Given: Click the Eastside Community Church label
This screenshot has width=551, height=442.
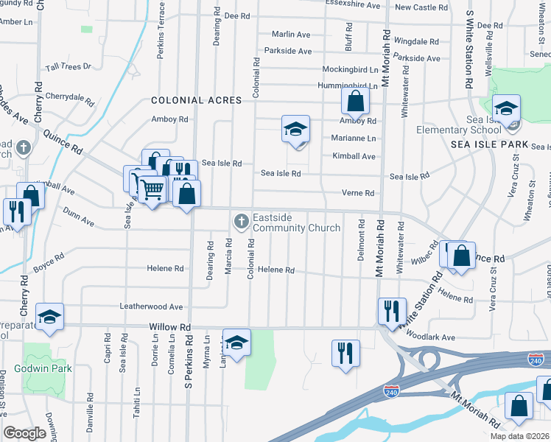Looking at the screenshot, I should click(x=296, y=222).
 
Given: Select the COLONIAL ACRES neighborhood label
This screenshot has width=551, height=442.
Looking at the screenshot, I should click(x=196, y=100).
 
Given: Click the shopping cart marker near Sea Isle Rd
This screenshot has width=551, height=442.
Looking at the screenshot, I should click(x=152, y=189).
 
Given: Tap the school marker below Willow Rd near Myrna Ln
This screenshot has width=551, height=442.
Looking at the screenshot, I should click(x=236, y=343).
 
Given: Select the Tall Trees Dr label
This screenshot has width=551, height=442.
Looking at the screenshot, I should click(x=68, y=66).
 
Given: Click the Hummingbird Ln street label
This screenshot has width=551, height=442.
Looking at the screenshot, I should click(x=350, y=85).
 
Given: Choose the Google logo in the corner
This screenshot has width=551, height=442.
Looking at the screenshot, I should click(x=24, y=433).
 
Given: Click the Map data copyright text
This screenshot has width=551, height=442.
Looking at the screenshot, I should click(x=519, y=436).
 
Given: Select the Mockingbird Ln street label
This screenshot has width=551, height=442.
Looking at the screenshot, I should click(x=350, y=69).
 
